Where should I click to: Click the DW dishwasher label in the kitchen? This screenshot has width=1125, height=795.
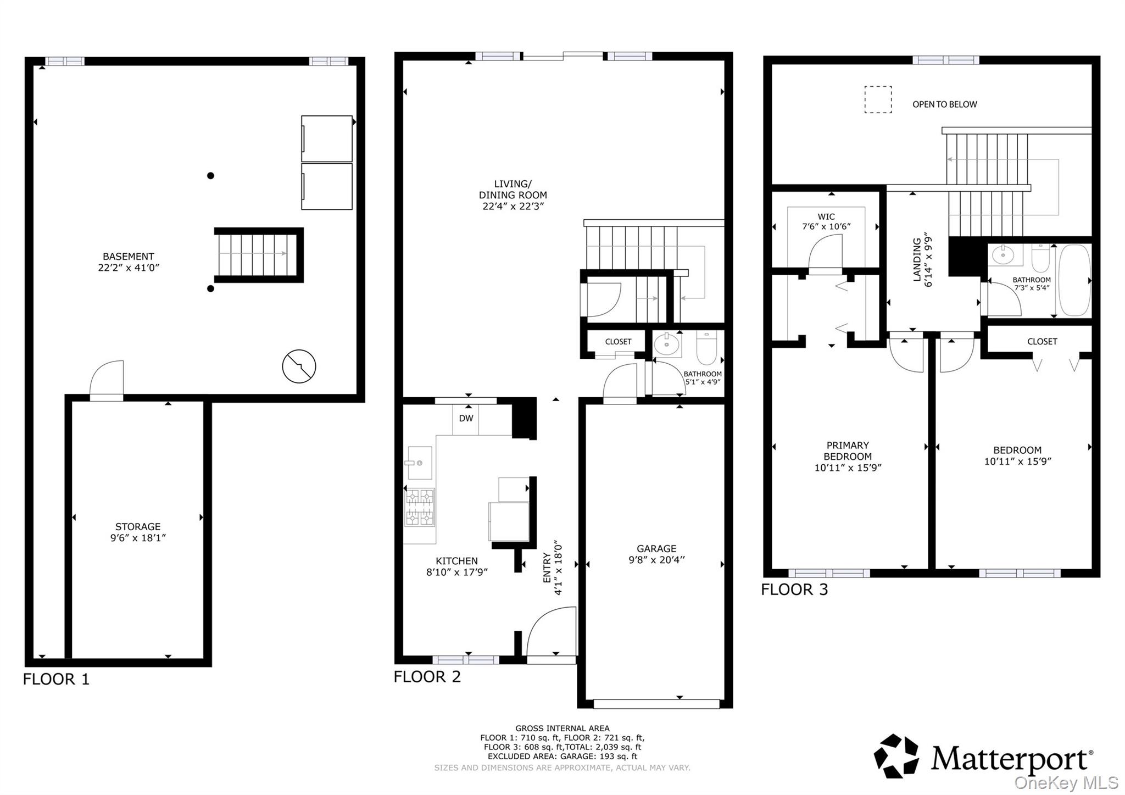click(466, 419)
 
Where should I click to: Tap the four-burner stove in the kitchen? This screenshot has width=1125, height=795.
click(420, 507)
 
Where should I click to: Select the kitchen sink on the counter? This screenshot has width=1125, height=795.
click(419, 463)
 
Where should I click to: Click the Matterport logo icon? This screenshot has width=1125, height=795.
click(896, 756)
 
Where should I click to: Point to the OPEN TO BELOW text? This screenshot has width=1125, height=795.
click(944, 104)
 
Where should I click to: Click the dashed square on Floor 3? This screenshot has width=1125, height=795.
click(878, 99)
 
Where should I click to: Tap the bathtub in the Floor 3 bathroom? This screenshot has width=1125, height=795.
click(1074, 280)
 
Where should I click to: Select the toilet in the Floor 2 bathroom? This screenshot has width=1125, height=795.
click(706, 347)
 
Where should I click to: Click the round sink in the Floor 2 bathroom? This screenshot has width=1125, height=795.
click(667, 345)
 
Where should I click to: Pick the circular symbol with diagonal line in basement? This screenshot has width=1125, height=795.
click(299, 366)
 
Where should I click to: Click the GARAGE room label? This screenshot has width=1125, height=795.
click(656, 548)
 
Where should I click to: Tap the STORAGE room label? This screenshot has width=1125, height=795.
click(138, 526)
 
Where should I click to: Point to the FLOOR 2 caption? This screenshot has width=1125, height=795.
click(427, 677)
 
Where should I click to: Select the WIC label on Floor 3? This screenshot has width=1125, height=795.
click(826, 217)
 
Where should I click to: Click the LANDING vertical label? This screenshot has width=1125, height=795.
click(917, 259)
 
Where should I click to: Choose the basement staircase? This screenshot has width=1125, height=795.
click(259, 254)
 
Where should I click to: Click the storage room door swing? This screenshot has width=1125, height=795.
click(107, 380)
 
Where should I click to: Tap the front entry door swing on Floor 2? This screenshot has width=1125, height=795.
click(552, 631)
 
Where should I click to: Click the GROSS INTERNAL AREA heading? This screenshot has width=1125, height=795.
click(562, 729)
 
